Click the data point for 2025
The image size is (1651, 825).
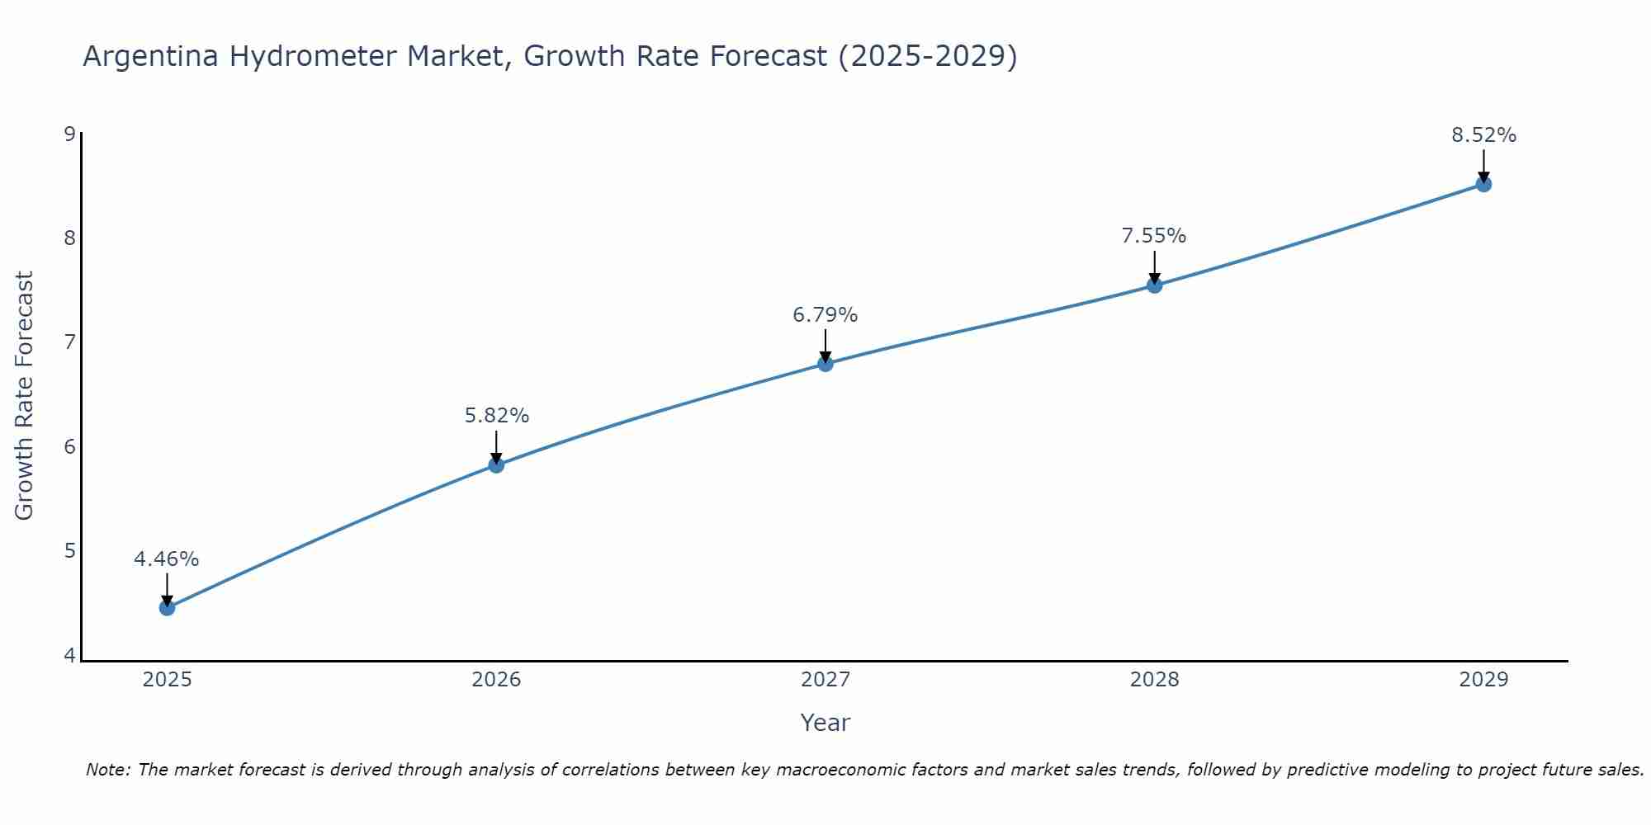tap(167, 608)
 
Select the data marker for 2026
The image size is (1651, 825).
tap(496, 465)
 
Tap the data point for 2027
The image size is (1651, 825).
tap(825, 364)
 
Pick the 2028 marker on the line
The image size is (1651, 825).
tap(1155, 285)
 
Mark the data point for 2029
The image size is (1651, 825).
tap(1483, 184)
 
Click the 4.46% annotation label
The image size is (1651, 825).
tap(167, 559)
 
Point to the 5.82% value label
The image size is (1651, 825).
tap(496, 416)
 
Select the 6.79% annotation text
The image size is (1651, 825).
tap(825, 315)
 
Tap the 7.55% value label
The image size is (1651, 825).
tap(1154, 236)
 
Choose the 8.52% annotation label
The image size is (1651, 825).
tap(1483, 135)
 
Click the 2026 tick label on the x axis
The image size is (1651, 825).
tap(496, 680)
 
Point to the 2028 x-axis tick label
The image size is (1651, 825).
tap(1154, 680)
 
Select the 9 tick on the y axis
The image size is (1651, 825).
tap(69, 134)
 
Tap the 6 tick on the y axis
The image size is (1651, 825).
tap(69, 446)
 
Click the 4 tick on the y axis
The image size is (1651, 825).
tap(69, 656)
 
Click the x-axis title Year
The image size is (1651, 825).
tap(825, 723)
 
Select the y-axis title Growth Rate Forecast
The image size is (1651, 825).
tap(25, 396)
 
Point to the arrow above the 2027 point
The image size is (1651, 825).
tap(825, 345)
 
